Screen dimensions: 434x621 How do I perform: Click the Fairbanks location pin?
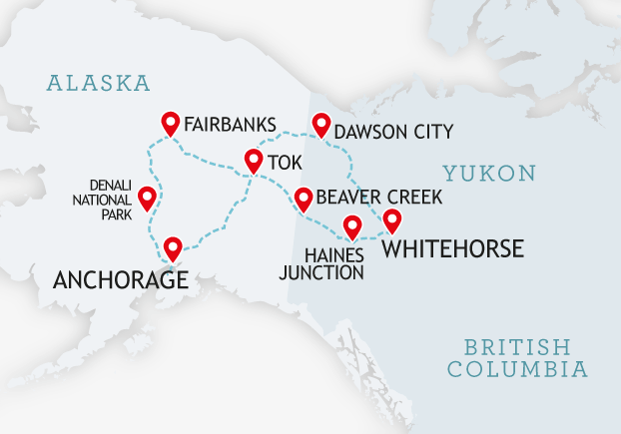point(171,123)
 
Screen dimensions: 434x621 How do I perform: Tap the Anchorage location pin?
point(173,246)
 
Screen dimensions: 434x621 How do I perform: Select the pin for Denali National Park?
point(148,197)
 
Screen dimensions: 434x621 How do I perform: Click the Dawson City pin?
point(320,125)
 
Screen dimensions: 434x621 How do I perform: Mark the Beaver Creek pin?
point(301,197)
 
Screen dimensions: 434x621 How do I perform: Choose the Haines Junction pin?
point(351,226)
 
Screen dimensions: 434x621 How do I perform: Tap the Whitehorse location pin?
point(392,219)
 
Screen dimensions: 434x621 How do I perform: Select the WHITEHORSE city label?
point(452,248)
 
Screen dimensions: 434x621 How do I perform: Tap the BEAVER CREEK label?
point(377,198)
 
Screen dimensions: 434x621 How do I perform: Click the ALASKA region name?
point(98,82)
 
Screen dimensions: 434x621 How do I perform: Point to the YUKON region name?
point(489,174)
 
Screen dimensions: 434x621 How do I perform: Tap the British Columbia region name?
point(516,358)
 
